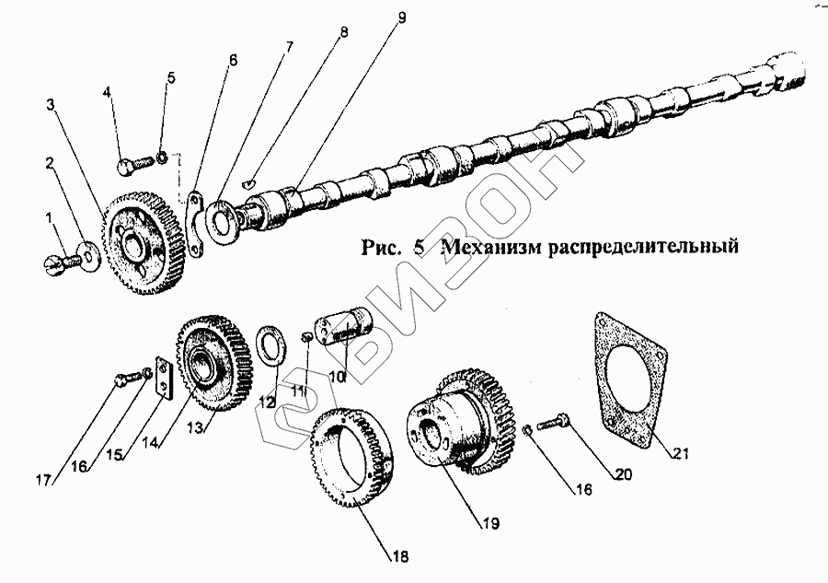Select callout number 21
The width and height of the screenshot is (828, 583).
(679, 451)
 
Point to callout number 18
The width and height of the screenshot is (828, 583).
(398, 555)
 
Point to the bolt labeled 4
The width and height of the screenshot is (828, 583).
(132, 165)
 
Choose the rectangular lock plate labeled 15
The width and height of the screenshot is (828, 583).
(164, 379)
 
